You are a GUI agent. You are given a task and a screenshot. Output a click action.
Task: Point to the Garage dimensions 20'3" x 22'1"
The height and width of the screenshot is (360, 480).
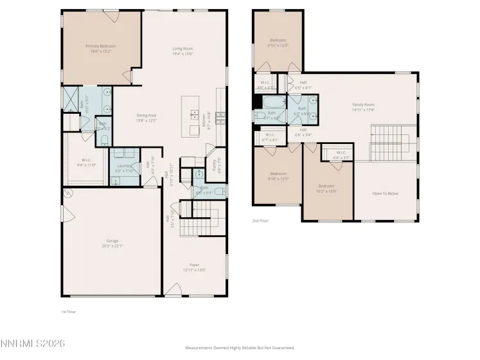click(112, 246)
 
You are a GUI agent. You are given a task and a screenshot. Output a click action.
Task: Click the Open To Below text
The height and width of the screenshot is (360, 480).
click(386, 193)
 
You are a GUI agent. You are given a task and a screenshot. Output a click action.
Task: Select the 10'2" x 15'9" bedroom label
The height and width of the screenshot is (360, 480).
click(327, 189)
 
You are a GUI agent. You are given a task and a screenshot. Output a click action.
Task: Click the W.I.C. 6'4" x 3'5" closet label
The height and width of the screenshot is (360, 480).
click(341, 155)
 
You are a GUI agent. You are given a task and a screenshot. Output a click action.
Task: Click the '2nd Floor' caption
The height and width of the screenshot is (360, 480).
click(260, 221)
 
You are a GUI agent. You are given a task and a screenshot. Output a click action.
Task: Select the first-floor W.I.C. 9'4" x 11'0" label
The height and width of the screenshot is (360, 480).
click(86, 163)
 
